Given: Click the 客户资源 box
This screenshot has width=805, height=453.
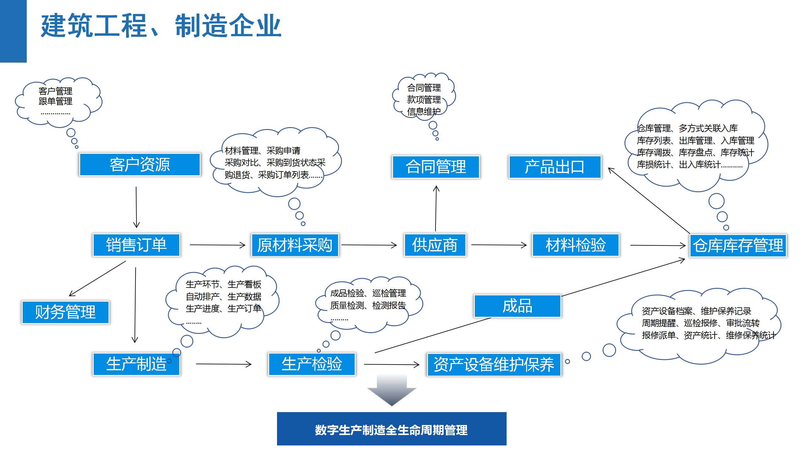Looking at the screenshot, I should click(140, 165).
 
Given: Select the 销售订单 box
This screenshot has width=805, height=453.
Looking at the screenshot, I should click(136, 245).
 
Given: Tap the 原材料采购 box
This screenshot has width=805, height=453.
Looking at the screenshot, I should click(295, 245).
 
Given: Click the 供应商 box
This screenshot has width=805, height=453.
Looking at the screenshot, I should click(435, 245).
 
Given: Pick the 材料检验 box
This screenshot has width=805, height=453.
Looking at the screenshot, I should click(575, 245).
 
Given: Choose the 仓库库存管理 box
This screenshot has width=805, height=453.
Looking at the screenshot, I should click(738, 246).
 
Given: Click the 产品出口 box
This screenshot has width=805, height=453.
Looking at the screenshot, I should click(555, 167).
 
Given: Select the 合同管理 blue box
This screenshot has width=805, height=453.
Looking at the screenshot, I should click(436, 167).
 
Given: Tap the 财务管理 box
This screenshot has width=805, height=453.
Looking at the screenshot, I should click(65, 312).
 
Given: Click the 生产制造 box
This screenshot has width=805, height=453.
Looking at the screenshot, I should click(136, 364).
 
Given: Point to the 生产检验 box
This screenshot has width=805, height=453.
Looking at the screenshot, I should click(312, 364).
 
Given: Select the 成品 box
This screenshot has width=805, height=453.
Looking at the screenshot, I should click(517, 306).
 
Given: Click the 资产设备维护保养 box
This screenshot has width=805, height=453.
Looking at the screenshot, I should click(494, 365).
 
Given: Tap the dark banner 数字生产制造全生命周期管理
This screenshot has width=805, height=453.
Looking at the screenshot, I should click(391, 429).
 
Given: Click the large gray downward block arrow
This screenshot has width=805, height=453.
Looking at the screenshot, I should click(391, 390).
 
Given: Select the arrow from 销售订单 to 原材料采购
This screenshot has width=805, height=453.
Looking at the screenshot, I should click(217, 245).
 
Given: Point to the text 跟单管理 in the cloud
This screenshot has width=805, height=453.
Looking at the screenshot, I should click(55, 101).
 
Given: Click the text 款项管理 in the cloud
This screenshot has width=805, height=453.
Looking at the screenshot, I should click(424, 100).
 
